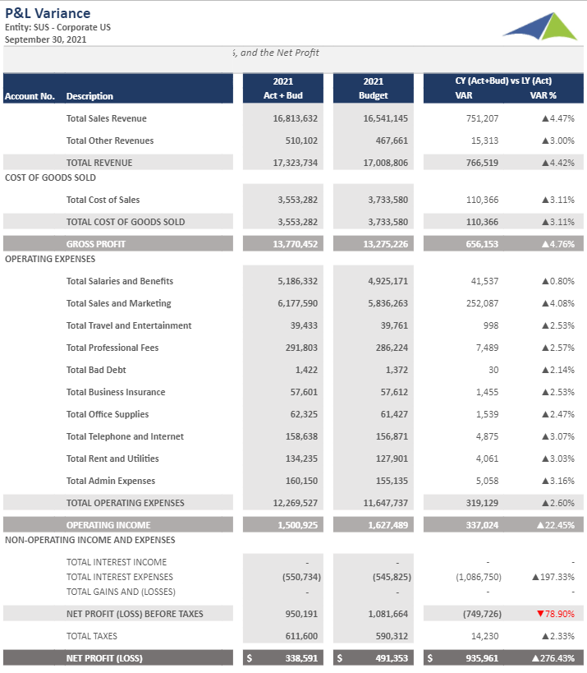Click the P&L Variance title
coord(48,13)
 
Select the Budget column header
coord(373,96)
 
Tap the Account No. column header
coord(30,96)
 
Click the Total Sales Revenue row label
coord(106,118)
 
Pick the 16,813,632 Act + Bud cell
coord(295,118)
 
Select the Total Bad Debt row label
coord(96,370)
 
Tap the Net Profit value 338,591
coord(300,658)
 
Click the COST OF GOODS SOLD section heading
coord(50,177)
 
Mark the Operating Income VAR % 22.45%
coord(555,525)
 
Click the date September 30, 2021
coord(46,39)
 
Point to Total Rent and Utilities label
coord(112,459)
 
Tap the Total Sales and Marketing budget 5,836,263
coord(385,303)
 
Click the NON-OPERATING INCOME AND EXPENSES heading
coord(89,540)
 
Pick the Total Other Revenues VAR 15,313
coord(484,141)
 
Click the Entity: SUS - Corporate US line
coord(57,27)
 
